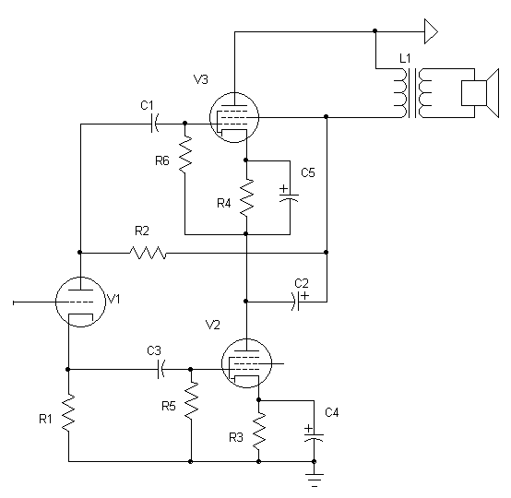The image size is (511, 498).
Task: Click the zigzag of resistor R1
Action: click(68, 413)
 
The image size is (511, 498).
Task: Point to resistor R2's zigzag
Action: click(148, 253)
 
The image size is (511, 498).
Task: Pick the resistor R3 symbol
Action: click(259, 431)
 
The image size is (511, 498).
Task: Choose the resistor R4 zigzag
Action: click(246, 197)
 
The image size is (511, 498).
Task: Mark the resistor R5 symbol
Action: click(191, 399)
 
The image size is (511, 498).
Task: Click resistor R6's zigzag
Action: click(185, 155)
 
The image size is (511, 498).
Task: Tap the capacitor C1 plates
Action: click(155, 124)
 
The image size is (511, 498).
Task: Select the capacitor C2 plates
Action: click(296, 302)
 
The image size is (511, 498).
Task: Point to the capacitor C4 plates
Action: click(314, 437)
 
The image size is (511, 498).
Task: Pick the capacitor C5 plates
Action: click(290, 197)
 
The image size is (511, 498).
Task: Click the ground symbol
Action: click(315, 480)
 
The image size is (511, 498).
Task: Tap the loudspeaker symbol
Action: click(480, 93)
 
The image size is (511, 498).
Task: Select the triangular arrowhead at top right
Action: click(431, 31)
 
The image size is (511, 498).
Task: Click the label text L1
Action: click(405, 59)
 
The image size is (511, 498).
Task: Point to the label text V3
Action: click(201, 79)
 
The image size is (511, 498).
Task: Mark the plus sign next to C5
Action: click(284, 188)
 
